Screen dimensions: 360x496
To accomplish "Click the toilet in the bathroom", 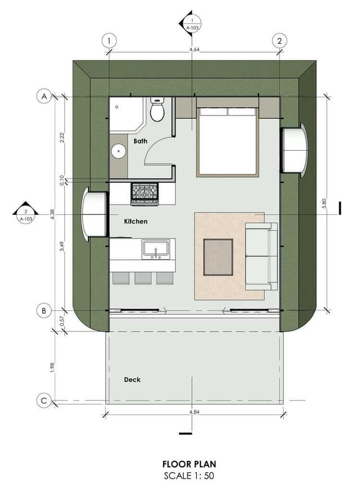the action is pos(157,110).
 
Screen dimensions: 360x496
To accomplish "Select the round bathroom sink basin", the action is pos(119,151).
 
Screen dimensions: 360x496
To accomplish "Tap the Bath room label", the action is pos(140,141).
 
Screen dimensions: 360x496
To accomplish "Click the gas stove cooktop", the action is pos(145,194).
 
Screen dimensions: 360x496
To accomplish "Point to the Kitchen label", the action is pos(136,222).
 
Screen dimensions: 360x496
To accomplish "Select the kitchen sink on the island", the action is pos(156,249).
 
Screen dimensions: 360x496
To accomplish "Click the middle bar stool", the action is pos(143,278).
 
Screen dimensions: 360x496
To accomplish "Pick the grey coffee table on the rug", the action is pos(218,257).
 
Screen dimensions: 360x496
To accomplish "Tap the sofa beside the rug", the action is pos(262,256).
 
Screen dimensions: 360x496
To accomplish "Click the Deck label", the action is pos(132,380).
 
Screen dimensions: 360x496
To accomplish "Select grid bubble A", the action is pos(44,96).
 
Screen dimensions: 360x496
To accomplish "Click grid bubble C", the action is pos(44,401).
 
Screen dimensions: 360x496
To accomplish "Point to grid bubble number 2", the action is pos(280,41).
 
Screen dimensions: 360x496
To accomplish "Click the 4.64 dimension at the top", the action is pos(194,49).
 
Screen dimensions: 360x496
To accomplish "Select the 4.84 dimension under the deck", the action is pos(194,412).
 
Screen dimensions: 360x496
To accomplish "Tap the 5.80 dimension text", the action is pos(323,203).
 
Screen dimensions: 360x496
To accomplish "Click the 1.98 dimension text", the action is pos(52,367).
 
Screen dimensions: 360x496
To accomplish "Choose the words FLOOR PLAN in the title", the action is pos(189,464).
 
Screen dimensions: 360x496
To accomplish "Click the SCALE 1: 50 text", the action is pos(189,475).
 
